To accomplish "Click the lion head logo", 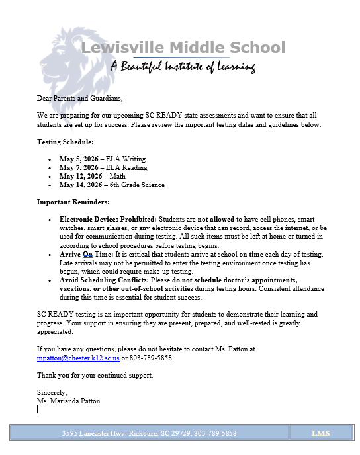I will pyautogui.click(x=63, y=63).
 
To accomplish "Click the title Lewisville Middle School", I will pyautogui.click(x=183, y=48).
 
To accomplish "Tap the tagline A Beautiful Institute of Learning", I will pyautogui.click(x=183, y=66).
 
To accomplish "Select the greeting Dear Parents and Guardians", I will pyautogui.click(x=79, y=98).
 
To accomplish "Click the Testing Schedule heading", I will pyautogui.click(x=65, y=142).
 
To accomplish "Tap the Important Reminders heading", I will pyautogui.click(x=73, y=202).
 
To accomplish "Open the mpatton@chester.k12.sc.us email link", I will pyautogui.click(x=78, y=358).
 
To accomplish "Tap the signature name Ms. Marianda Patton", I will pyautogui.click(x=68, y=401).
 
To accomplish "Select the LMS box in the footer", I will pyautogui.click(x=321, y=433).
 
